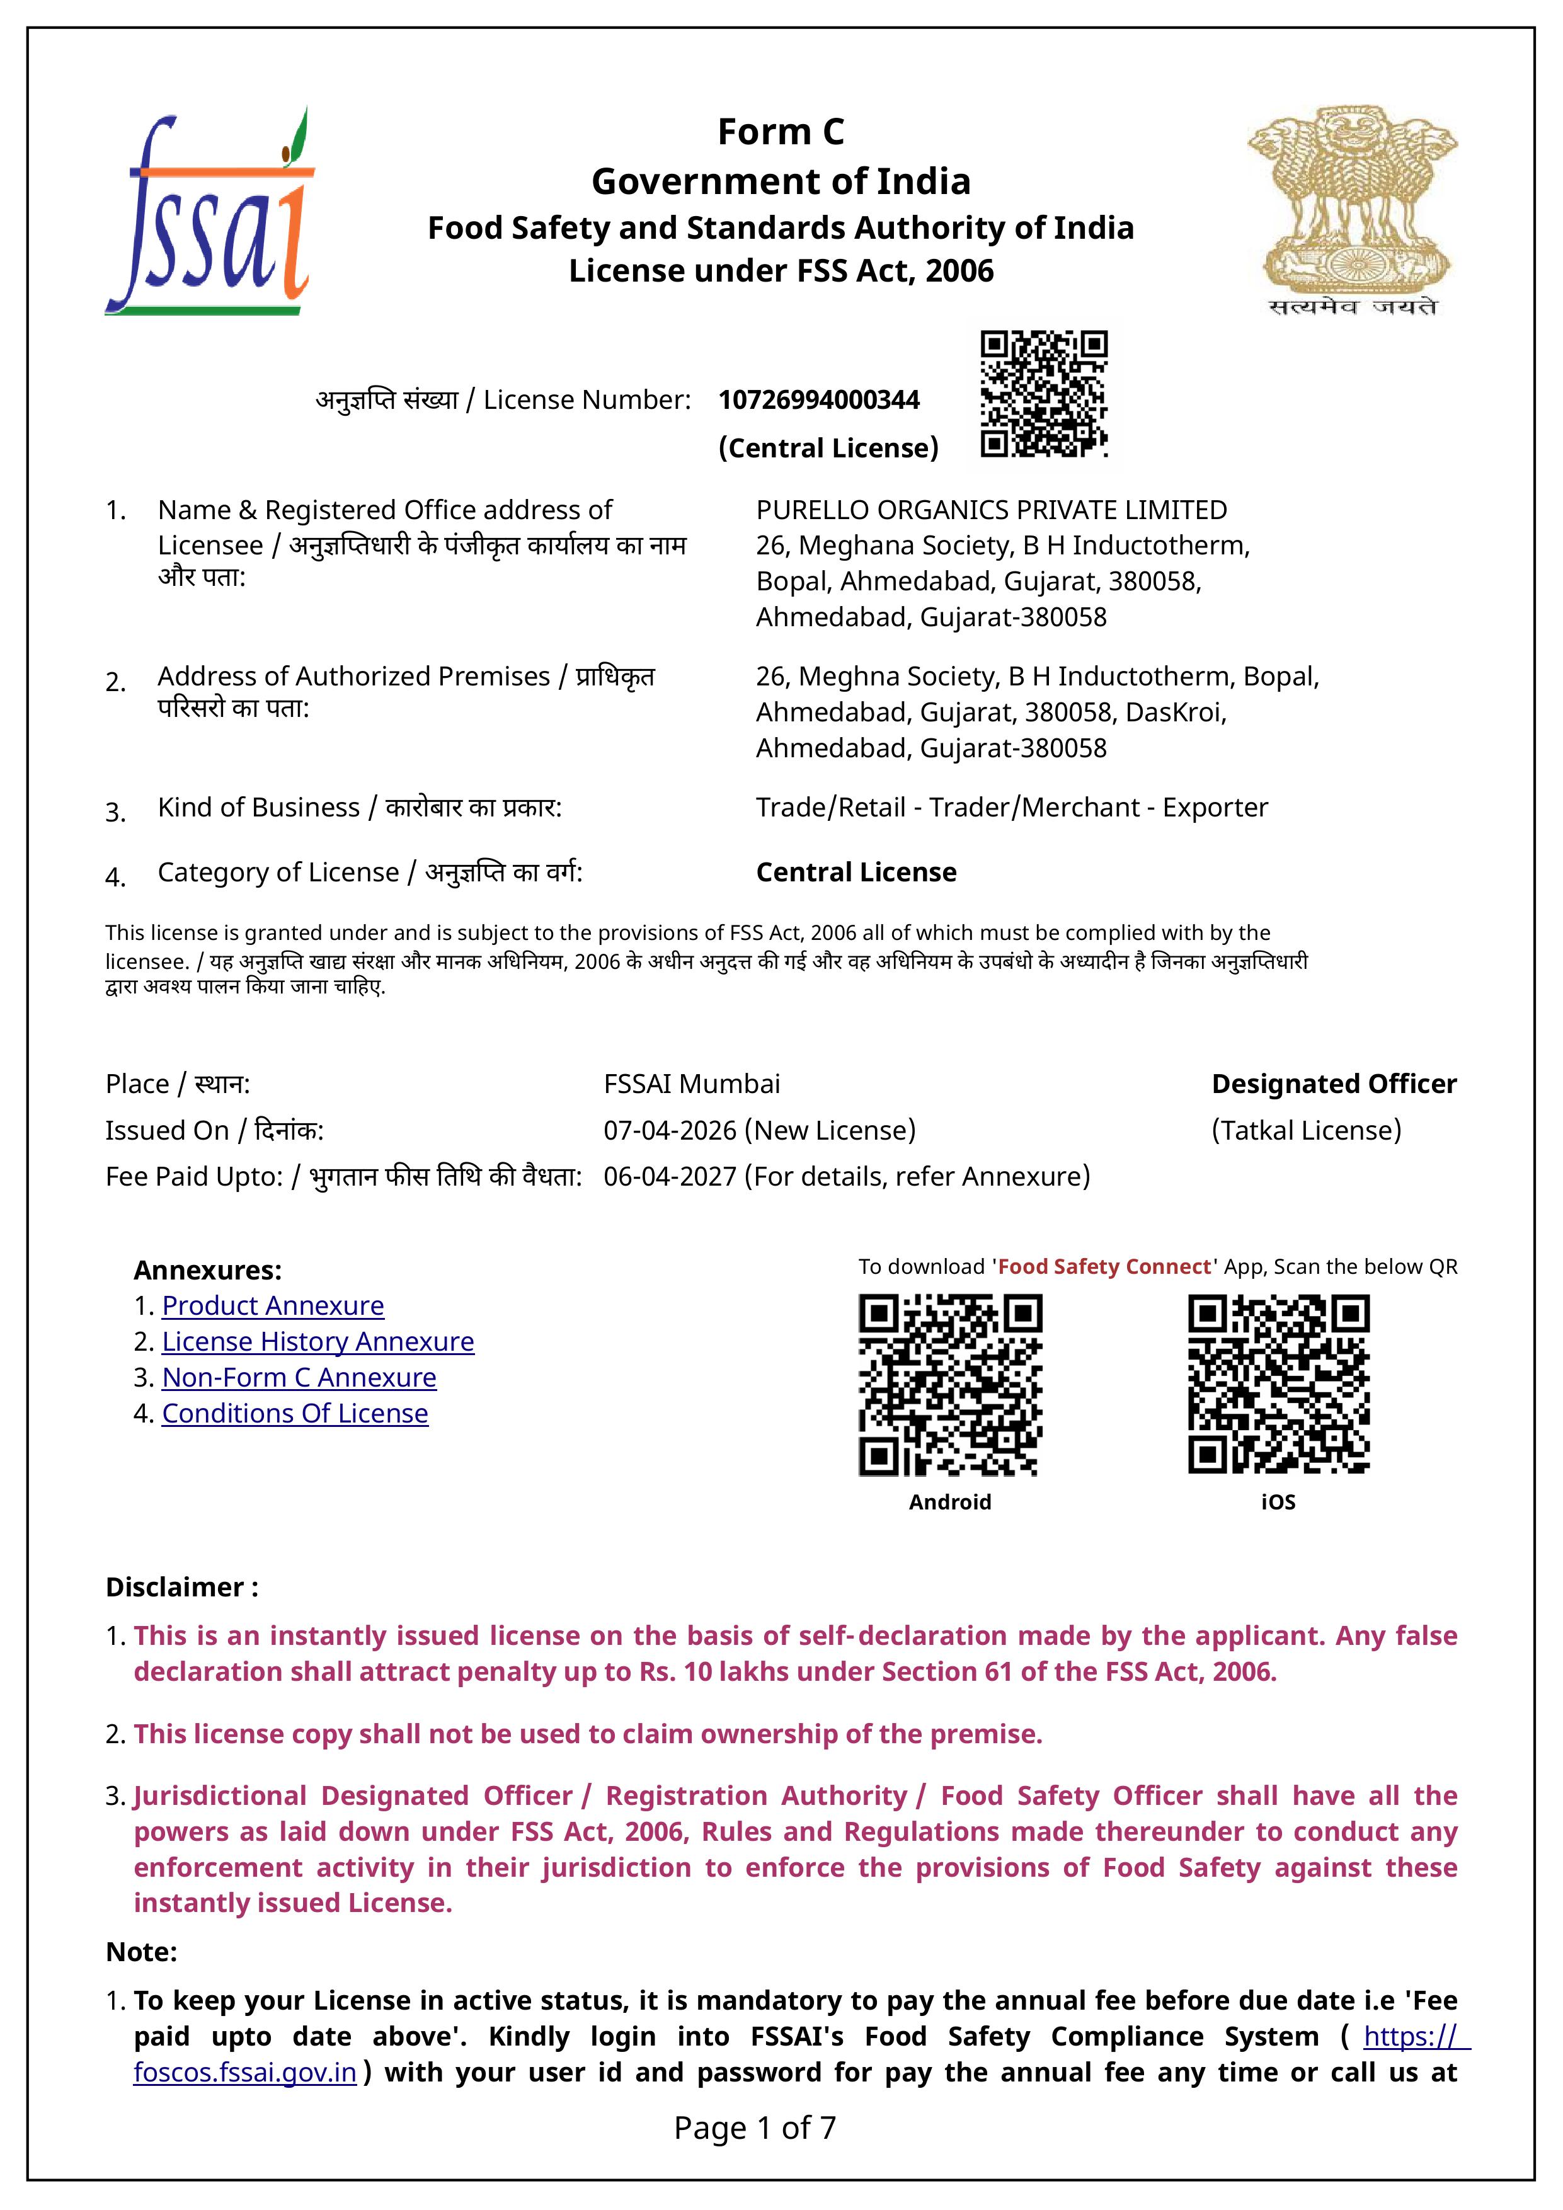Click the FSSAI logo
coord(210,212)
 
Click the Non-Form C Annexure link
coord(299,1377)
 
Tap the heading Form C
coord(781,132)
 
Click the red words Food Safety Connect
coord(1104,1267)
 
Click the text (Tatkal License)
coord(1306,1130)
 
